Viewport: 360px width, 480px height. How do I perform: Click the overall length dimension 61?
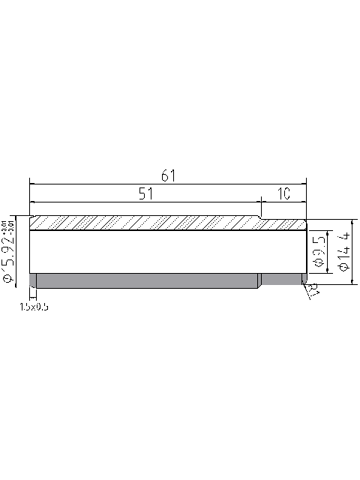(168, 175)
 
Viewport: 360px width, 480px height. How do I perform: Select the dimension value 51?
(147, 193)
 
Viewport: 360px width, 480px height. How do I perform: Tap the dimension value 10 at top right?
(283, 193)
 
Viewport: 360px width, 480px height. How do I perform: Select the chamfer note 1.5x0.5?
(34, 306)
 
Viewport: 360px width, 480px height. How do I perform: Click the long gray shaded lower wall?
(147, 280)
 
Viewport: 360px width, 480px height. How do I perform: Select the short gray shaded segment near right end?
(281, 279)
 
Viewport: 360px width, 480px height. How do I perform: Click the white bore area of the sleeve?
(165, 251)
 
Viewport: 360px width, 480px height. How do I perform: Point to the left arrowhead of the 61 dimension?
(32, 182)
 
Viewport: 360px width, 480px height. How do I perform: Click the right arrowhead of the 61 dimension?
(304, 182)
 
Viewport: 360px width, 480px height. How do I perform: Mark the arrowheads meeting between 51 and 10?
(259, 202)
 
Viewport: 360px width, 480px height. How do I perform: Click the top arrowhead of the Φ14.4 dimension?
(352, 222)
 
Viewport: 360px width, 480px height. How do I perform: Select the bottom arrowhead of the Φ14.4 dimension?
(352, 281)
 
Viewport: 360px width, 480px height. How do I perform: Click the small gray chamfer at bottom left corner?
(33, 280)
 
